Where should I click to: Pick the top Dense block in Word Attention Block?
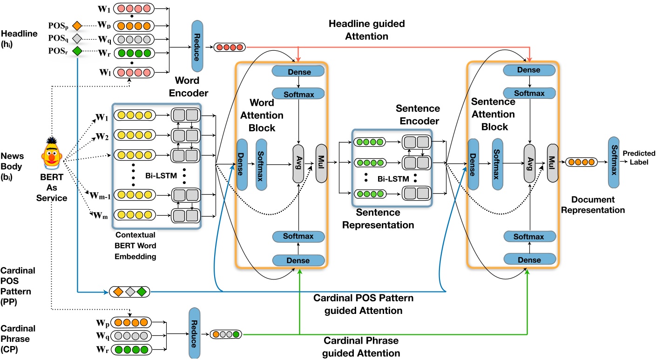[x=298, y=71]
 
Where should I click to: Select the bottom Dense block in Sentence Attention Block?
[x=529, y=260]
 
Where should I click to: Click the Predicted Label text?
[x=639, y=157]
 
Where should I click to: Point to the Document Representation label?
[x=593, y=205]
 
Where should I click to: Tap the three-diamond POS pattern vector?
[x=130, y=292]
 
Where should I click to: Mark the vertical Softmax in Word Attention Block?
[x=261, y=164]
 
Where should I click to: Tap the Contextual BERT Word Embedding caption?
[x=136, y=245]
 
